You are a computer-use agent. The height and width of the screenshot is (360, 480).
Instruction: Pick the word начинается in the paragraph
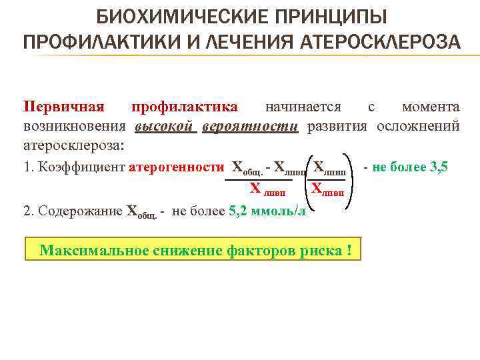coord(303,107)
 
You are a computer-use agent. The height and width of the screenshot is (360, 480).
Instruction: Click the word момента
coord(431,107)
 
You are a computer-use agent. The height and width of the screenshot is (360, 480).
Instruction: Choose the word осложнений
coord(418,126)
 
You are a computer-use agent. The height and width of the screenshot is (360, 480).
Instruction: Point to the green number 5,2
coord(238,211)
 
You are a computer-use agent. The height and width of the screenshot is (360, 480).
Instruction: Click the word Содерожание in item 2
coord(81,211)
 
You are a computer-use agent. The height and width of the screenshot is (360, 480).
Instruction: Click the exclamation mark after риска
coord(349,251)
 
